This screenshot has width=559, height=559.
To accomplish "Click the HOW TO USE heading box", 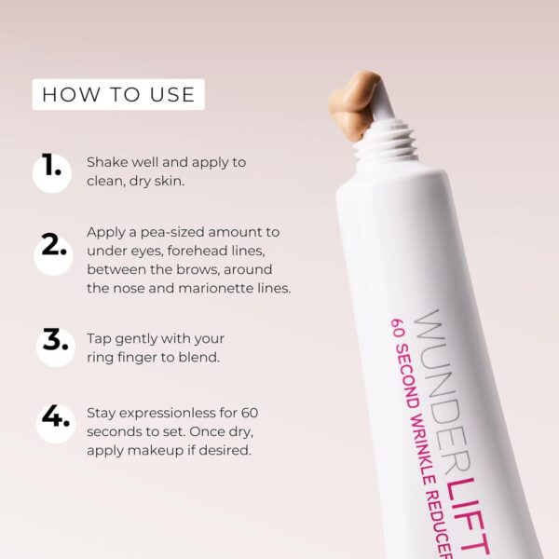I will [x=118, y=94].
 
